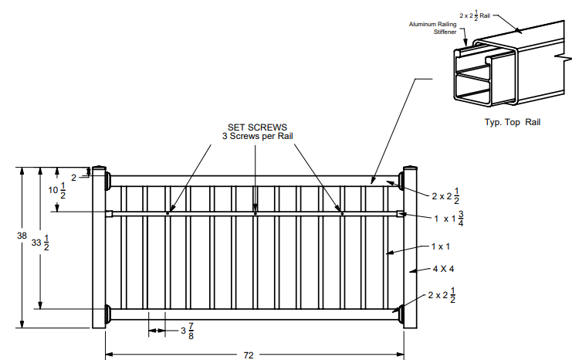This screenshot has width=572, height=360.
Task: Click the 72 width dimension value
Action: (249, 355)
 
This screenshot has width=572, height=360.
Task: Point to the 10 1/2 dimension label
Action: (56, 192)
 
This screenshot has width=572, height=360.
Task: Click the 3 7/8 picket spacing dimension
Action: (187, 331)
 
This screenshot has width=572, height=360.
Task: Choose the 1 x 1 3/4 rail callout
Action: (448, 218)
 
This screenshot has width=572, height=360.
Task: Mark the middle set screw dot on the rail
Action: (256, 213)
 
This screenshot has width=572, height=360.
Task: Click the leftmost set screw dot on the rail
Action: (168, 213)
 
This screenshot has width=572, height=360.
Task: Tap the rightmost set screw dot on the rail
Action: (343, 213)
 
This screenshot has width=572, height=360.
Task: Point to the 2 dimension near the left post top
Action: (73, 177)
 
